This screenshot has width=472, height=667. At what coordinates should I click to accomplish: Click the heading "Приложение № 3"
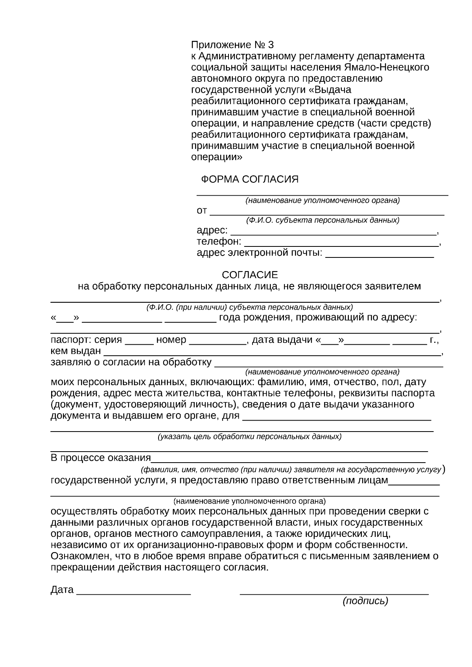232,44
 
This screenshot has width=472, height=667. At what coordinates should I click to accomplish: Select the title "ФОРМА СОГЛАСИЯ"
249,180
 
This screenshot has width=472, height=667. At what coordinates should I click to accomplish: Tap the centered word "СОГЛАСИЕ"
250,274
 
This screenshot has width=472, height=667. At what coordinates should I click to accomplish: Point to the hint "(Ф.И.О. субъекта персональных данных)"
323,220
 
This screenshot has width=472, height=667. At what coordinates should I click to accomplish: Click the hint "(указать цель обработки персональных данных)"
249,437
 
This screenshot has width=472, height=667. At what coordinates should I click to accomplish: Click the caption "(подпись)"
365,601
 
